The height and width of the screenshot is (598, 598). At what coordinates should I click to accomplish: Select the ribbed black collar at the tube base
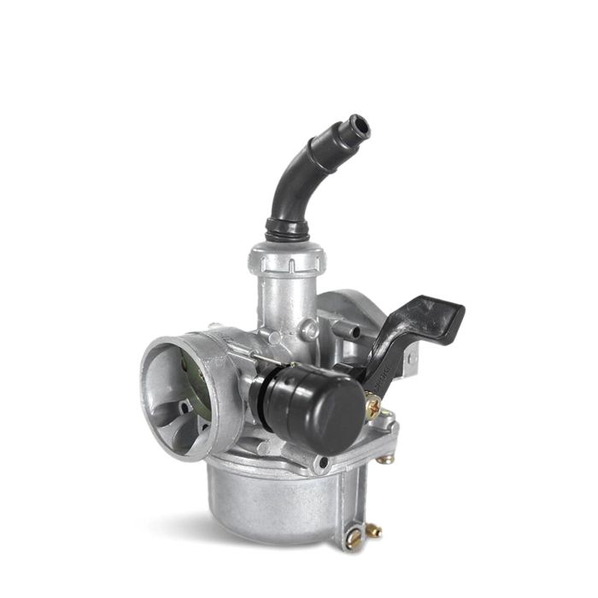point(286,228)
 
